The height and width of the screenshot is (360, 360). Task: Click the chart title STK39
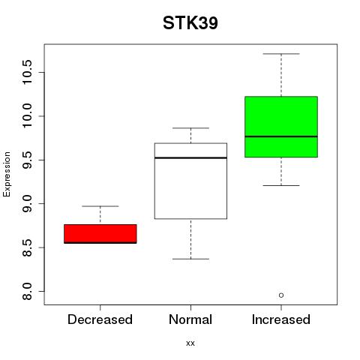click(190, 23)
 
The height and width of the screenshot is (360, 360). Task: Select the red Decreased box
click(100, 234)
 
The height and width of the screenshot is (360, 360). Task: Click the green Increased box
click(281, 127)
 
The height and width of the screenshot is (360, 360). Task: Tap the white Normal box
click(190, 181)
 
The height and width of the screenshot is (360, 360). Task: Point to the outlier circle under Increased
click(281, 295)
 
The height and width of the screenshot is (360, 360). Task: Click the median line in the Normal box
click(190, 157)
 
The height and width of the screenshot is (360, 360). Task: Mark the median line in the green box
click(281, 136)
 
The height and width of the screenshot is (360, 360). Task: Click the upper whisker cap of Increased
click(281, 54)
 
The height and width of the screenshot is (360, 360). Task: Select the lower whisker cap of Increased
click(281, 185)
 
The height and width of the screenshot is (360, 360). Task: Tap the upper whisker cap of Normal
click(190, 128)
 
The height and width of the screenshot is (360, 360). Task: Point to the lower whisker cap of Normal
click(190, 259)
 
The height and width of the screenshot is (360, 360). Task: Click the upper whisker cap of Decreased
click(100, 206)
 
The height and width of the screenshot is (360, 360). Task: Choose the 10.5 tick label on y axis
click(27, 72)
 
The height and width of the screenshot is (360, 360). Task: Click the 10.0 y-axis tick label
click(27, 116)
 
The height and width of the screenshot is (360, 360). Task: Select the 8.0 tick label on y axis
click(27, 291)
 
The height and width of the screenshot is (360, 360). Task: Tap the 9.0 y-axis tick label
click(27, 204)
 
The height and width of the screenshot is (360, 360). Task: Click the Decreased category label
click(100, 319)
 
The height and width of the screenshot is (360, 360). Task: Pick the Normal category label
click(190, 319)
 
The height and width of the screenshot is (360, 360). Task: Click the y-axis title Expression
click(7, 174)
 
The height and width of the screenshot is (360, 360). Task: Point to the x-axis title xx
click(190, 343)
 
